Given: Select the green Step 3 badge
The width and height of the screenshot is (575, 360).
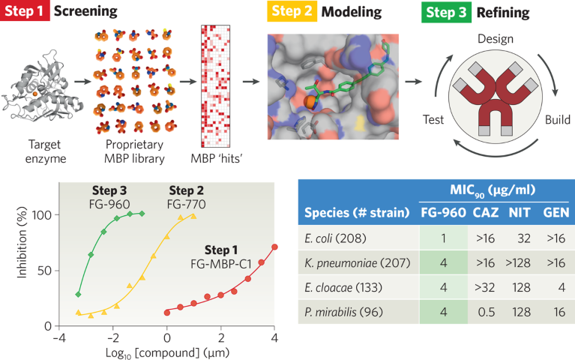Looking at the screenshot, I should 440,11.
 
